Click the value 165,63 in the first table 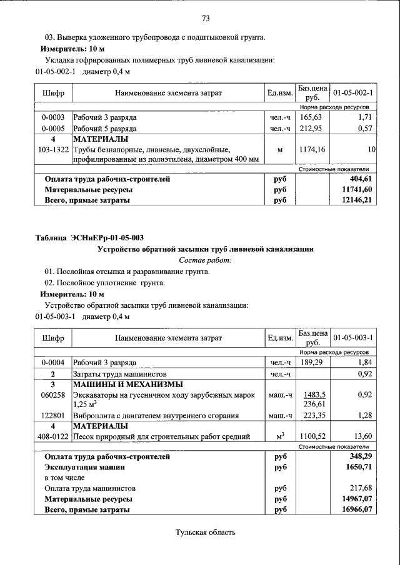coord(310,117)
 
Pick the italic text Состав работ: coord(205,260)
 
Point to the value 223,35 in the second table coord(314,415)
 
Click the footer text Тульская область coord(205,533)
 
